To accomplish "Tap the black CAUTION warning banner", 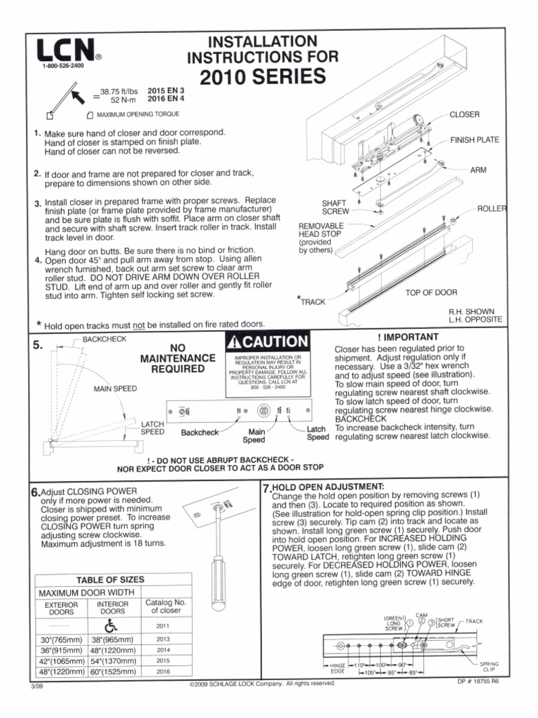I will pos(267,342).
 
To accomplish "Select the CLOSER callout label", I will pos(464,114).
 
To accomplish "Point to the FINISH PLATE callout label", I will pos(474,140).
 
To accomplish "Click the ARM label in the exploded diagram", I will pos(478,170).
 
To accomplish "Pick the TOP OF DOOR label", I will pos(431,292).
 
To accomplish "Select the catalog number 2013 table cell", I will pos(163,639).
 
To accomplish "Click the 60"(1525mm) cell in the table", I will pos(113,670).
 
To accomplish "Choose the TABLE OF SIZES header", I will pos(110,579).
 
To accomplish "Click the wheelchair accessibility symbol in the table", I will pos(113,625).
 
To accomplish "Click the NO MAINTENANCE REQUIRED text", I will pos(178,358).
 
